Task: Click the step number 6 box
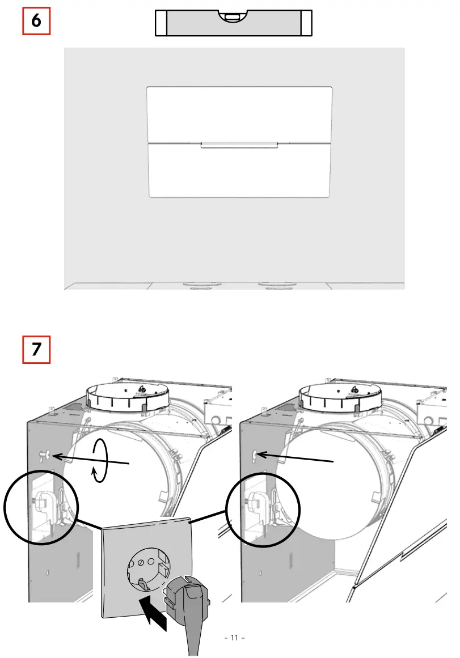point(36,21)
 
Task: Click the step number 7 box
point(36,350)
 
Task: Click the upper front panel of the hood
point(239,114)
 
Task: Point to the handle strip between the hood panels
point(239,145)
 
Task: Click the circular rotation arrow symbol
point(100,460)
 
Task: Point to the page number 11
point(234,638)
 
